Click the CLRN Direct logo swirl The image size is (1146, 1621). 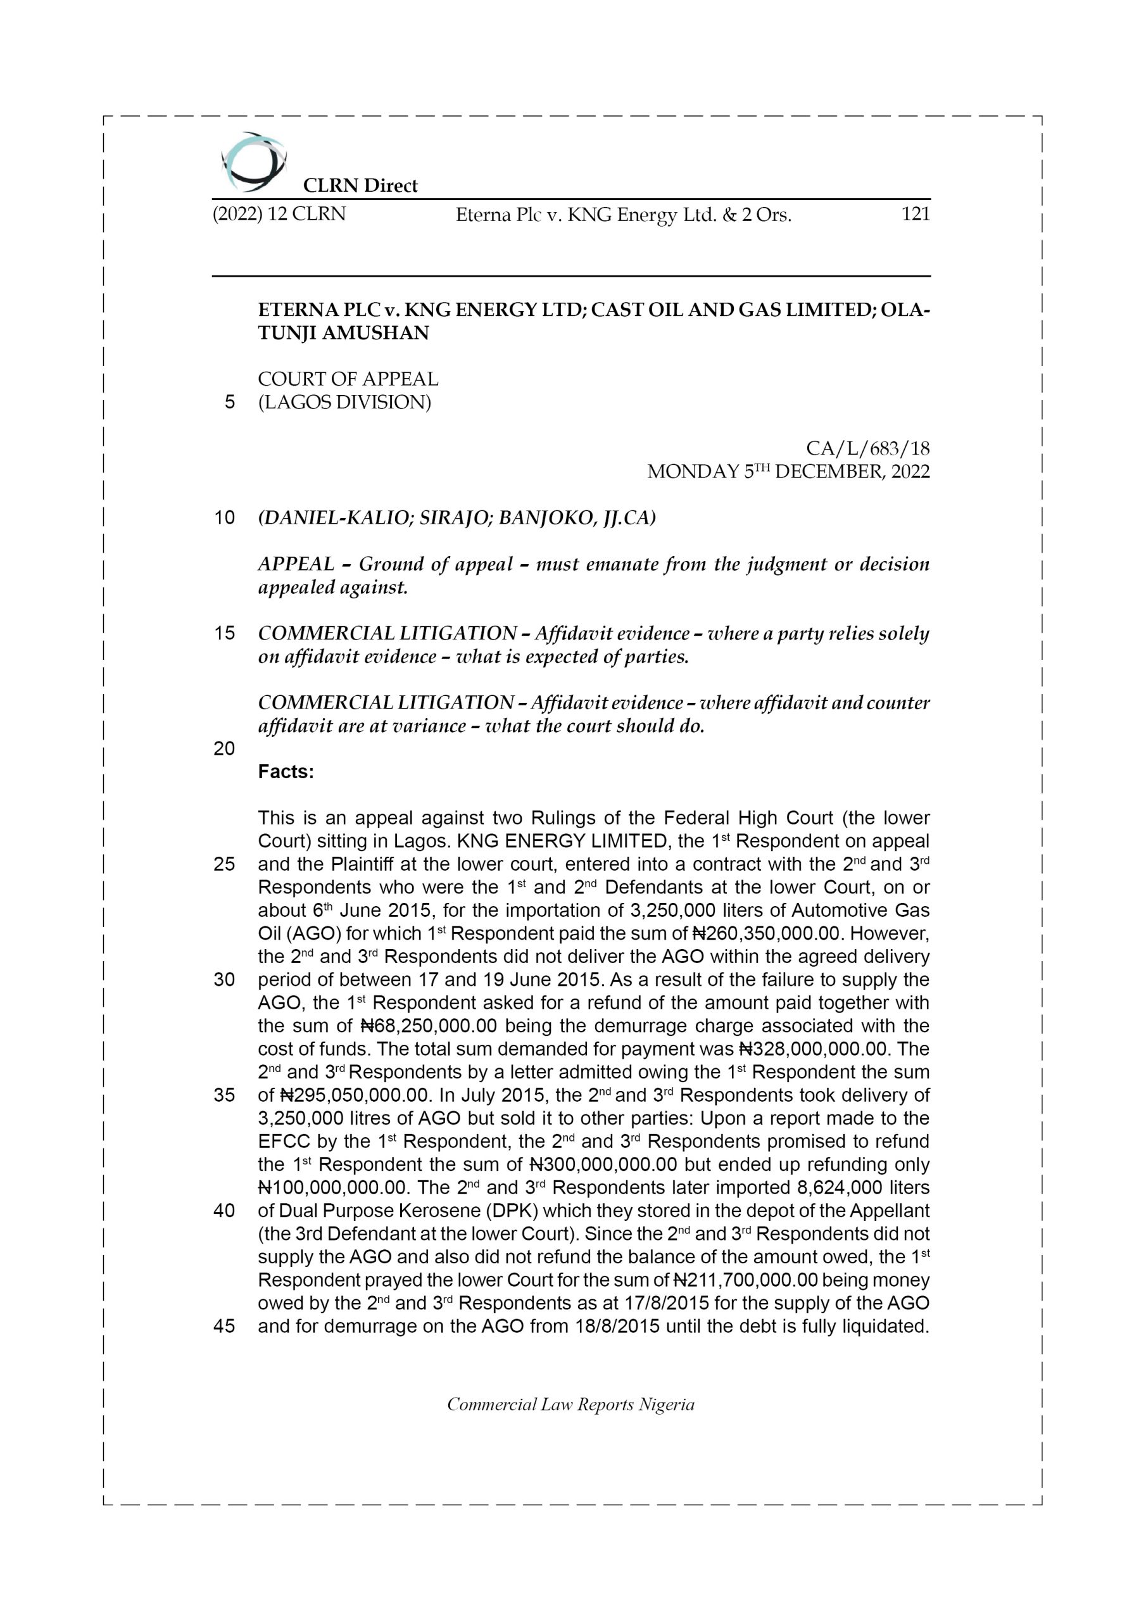[253, 162]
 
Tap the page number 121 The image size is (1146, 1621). [915, 214]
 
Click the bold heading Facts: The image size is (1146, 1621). [286, 772]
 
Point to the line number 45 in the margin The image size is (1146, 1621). [224, 1326]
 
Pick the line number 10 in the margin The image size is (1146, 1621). [224, 517]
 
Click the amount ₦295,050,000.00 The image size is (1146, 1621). [355, 1095]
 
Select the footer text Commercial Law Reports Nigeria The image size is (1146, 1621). [570, 1405]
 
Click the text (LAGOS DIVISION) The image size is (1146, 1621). [344, 403]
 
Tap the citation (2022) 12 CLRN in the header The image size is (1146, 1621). [279, 214]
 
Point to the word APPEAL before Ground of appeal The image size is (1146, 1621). [296, 564]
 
